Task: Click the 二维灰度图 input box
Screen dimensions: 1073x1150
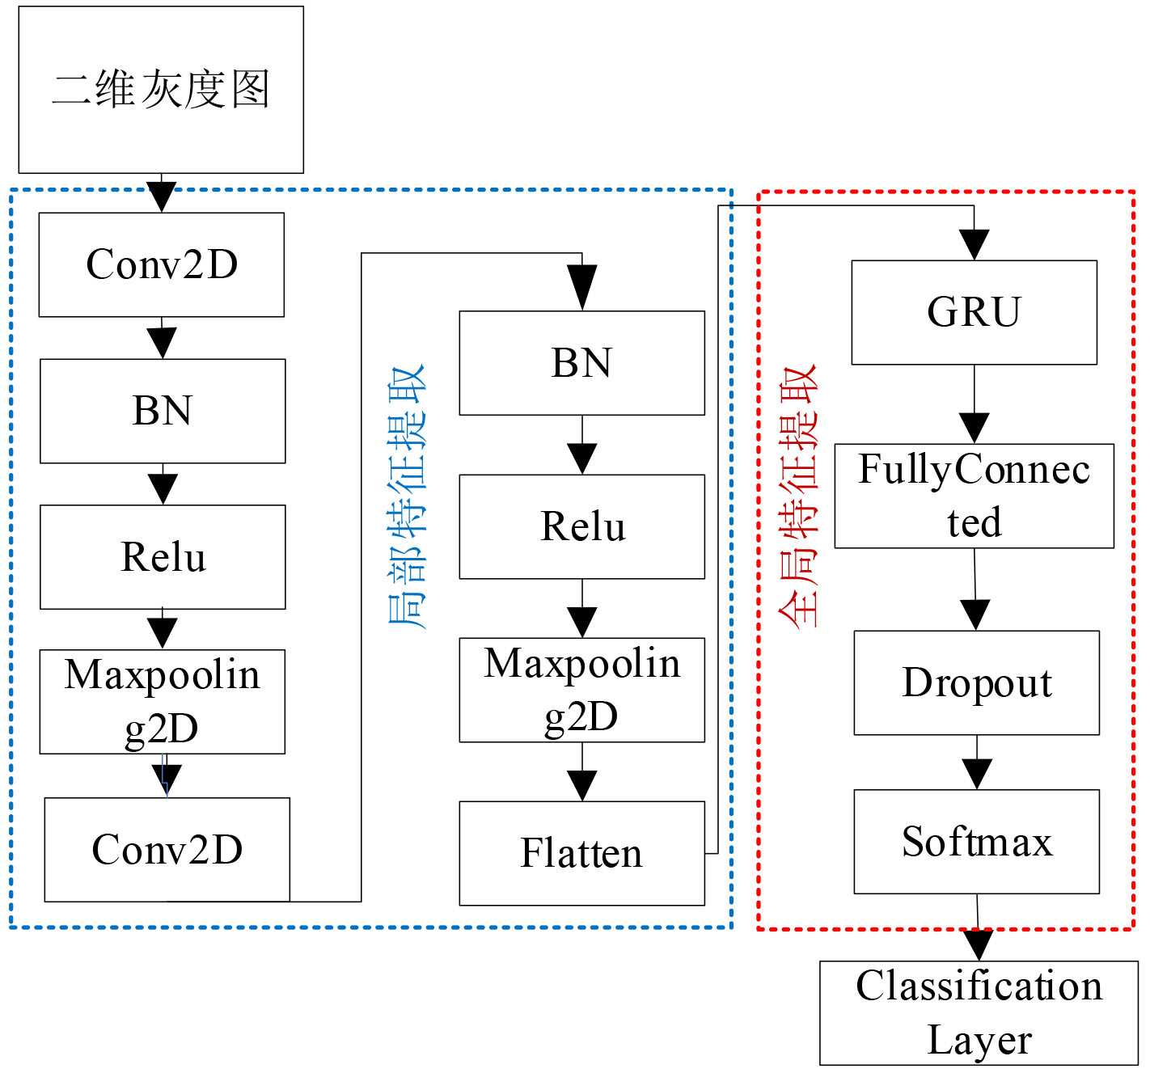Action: pos(161,90)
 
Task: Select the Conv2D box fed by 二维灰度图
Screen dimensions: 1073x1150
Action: pos(162,264)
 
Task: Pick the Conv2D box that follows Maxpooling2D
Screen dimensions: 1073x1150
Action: pos(167,849)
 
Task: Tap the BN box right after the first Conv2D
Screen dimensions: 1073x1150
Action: pos(163,411)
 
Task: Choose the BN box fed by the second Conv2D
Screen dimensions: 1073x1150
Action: pos(581,363)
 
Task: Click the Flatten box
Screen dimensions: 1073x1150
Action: pos(581,853)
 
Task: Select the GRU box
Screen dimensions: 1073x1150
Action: pos(974,312)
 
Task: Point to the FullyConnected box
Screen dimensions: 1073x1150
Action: pos(974,496)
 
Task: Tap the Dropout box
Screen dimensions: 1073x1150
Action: pos(976,682)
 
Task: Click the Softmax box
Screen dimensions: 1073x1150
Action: pos(976,842)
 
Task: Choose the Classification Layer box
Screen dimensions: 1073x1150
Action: pos(979,1012)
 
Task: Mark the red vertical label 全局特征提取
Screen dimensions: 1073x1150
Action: pos(798,496)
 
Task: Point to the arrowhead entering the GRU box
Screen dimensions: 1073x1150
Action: pos(974,245)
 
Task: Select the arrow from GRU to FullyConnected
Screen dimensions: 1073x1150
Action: pos(974,404)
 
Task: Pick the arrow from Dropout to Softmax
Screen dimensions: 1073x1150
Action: pos(977,763)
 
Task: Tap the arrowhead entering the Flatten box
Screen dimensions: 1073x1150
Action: pos(581,785)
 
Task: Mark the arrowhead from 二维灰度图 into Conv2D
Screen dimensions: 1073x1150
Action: pos(162,196)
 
